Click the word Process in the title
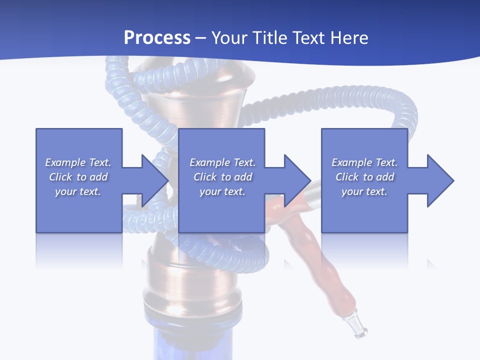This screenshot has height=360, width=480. pyautogui.click(x=157, y=38)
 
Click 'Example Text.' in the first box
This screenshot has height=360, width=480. pyautogui.click(x=78, y=162)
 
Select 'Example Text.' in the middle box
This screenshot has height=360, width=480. pyautogui.click(x=222, y=162)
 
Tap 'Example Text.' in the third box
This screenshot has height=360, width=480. pyautogui.click(x=364, y=162)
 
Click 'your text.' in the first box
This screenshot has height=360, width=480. pyautogui.click(x=78, y=191)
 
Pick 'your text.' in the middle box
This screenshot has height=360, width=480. pyautogui.click(x=222, y=191)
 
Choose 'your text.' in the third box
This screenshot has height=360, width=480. pyautogui.click(x=364, y=191)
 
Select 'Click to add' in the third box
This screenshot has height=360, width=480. pyautogui.click(x=364, y=177)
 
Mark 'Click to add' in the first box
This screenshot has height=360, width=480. pyautogui.click(x=78, y=177)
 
